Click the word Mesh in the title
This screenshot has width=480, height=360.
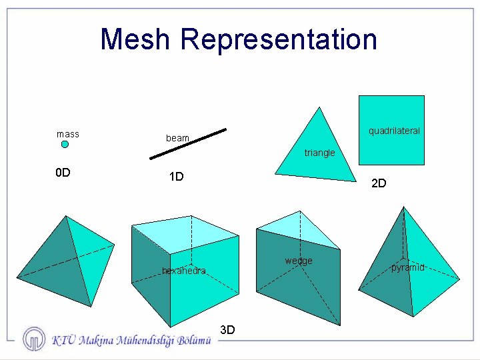(136, 39)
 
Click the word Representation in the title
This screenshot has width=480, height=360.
(279, 40)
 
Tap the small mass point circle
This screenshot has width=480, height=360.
(65, 144)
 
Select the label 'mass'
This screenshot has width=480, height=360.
(68, 134)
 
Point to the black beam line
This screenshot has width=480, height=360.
(188, 144)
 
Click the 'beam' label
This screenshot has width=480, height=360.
(177, 138)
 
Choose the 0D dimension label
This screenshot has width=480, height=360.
(63, 173)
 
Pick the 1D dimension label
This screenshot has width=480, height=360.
(176, 177)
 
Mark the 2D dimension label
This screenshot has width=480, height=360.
(378, 183)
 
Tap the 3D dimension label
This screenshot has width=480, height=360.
(227, 329)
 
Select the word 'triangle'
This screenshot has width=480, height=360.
(319, 153)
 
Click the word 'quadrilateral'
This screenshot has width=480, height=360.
(394, 131)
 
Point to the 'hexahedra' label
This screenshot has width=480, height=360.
(184, 271)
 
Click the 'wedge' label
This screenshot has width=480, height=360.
(299, 261)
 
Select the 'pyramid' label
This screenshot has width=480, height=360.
(407, 267)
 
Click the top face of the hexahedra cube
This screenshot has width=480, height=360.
(186, 234)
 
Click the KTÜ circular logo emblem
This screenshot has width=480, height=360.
(34, 339)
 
